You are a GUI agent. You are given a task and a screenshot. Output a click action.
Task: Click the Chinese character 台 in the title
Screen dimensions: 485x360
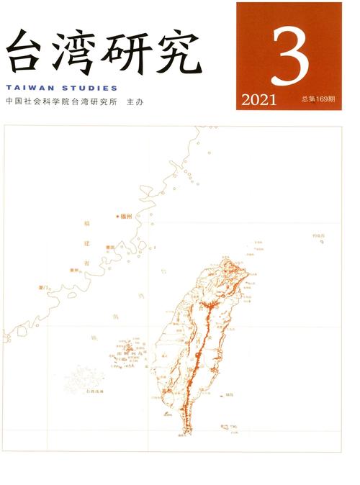point(27,51)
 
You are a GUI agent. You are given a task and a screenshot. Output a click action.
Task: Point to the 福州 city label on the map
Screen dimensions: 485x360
point(126,215)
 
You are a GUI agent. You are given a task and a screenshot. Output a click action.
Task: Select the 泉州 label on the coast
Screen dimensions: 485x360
point(73,271)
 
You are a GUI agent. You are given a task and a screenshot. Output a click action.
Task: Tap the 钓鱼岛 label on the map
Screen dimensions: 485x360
point(319,235)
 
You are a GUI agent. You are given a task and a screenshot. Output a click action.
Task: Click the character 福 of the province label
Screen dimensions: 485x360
point(87,225)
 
